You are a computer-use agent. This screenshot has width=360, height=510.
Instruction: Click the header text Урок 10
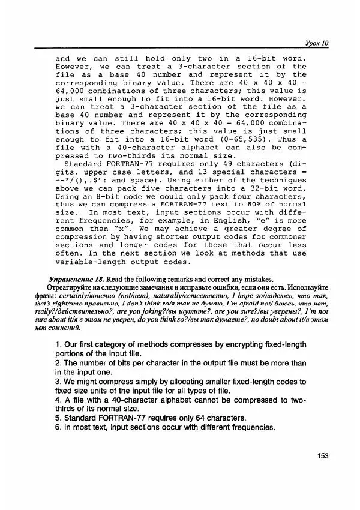pos(317,44)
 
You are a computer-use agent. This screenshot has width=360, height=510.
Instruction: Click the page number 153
pos(323,456)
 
